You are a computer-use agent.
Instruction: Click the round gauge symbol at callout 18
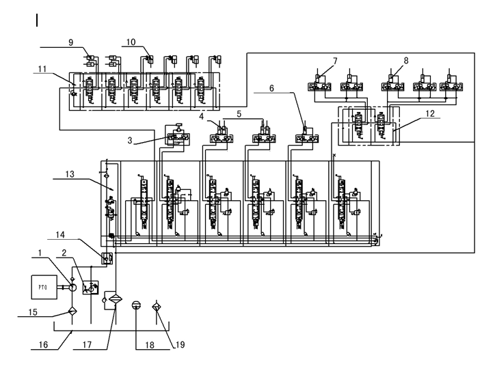pos(135,305)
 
